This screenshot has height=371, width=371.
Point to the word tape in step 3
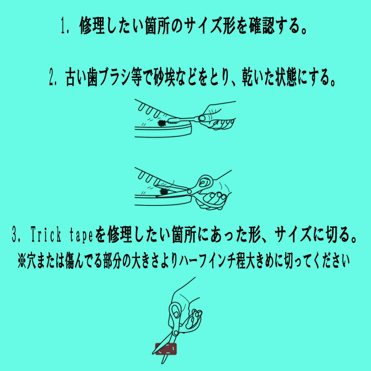(x=81, y=235)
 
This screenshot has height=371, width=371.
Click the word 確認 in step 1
(x=262, y=26)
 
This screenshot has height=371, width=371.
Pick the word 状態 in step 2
(x=286, y=77)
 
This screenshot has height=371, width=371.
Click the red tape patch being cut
(x=166, y=349)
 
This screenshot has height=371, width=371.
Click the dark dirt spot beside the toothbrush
(x=162, y=123)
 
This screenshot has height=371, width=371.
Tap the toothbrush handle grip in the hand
(x=202, y=118)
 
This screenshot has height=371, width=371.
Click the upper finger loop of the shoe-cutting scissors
(x=205, y=182)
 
